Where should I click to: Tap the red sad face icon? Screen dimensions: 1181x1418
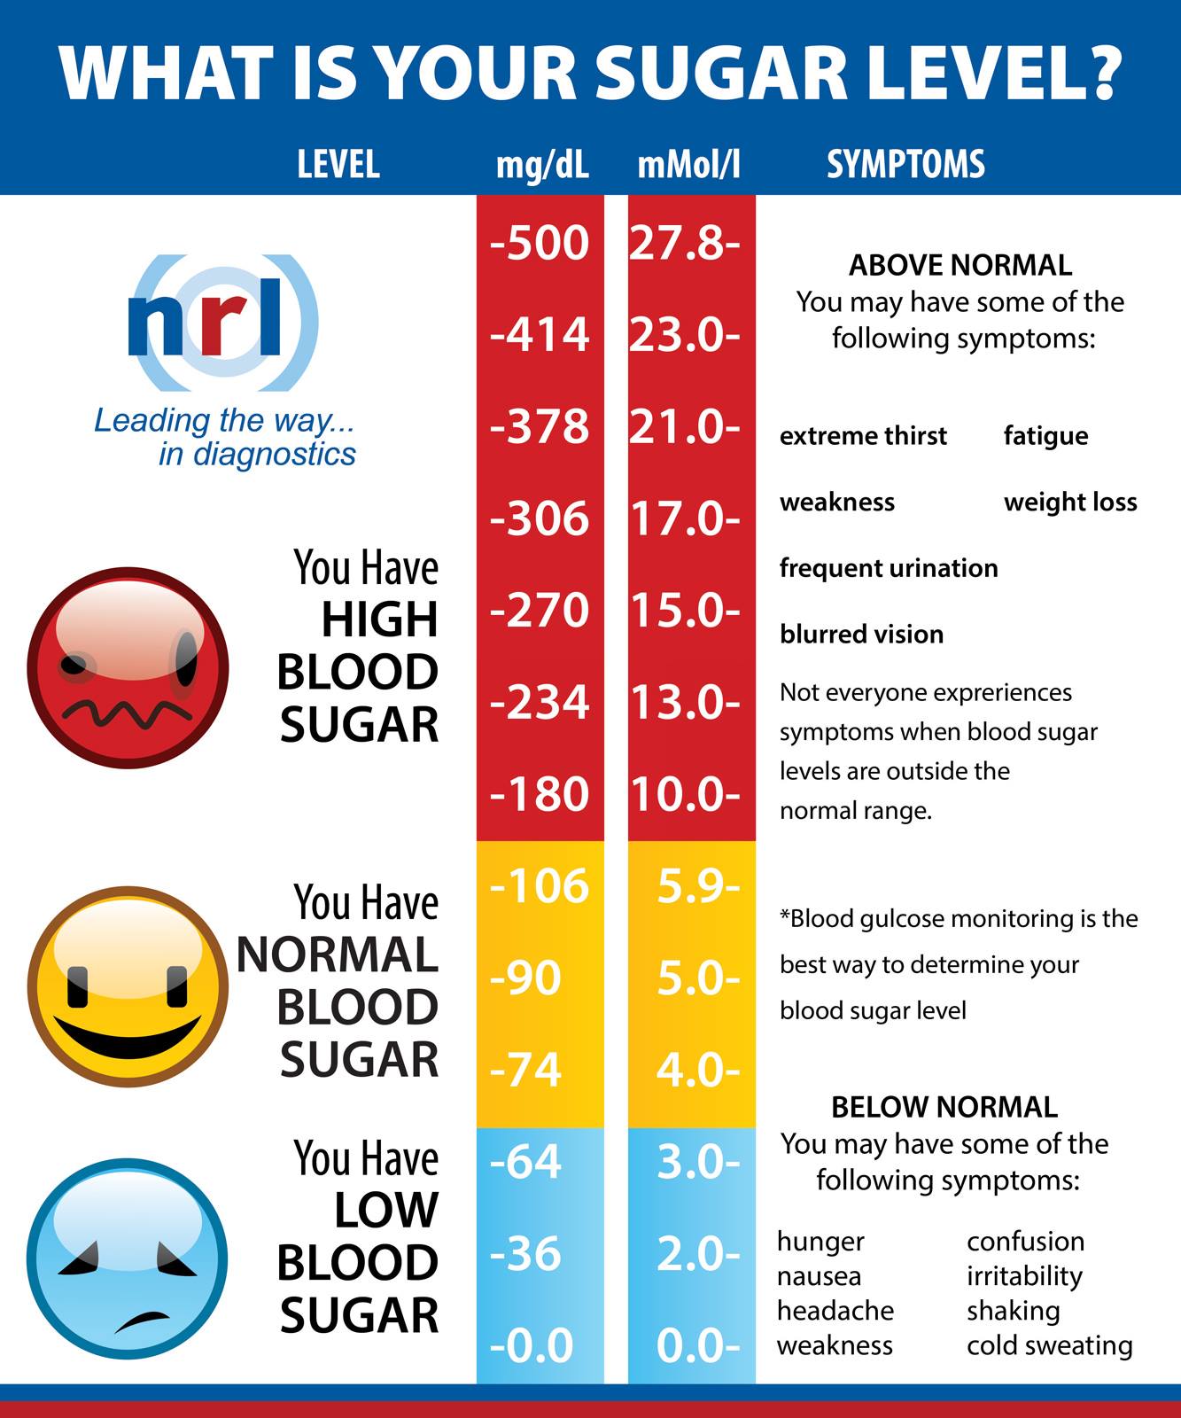tap(128, 668)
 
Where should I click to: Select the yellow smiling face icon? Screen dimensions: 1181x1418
tap(128, 986)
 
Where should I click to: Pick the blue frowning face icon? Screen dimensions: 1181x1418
tap(128, 1258)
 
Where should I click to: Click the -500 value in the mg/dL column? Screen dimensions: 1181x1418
tap(539, 243)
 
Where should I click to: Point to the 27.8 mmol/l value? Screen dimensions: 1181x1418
tap(684, 243)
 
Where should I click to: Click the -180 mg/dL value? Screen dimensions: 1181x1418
tap(539, 793)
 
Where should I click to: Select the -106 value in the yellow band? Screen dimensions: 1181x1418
tap(539, 885)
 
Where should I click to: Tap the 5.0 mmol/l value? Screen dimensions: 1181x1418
tap(698, 978)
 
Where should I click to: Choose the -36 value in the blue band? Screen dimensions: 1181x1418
tap(525, 1253)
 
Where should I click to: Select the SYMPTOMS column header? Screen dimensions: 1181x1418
tap(905, 164)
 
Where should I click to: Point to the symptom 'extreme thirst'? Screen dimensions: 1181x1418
tap(863, 435)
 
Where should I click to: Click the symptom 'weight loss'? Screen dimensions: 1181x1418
tap(1070, 503)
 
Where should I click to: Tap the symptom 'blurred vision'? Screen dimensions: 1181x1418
tap(861, 634)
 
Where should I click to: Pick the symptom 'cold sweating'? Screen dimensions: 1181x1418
tap(1050, 1345)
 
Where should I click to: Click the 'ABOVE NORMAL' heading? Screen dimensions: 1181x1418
tap(960, 265)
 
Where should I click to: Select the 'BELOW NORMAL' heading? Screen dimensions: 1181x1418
tap(944, 1107)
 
